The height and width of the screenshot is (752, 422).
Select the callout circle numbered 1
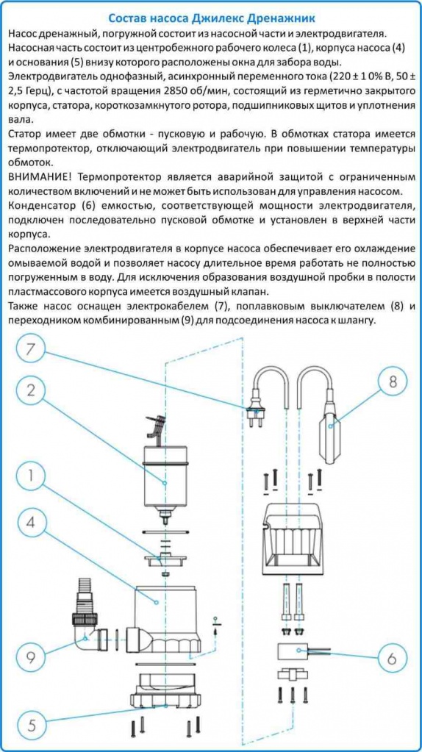30,476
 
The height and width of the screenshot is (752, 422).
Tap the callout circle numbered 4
30,523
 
